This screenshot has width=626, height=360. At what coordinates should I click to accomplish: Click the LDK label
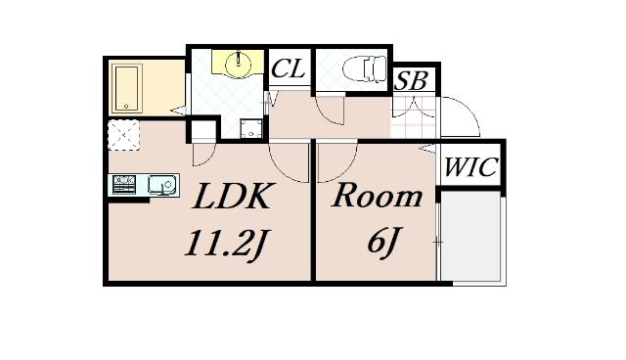(231, 198)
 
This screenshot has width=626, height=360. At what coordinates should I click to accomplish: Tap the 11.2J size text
(227, 242)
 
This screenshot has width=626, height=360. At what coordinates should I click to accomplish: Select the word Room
(377, 196)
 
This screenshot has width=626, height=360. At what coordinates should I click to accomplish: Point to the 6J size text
(380, 242)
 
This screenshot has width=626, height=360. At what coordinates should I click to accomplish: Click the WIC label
(471, 168)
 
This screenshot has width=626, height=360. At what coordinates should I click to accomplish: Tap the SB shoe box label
(412, 80)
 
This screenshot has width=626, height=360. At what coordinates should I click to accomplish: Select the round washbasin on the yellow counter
(238, 65)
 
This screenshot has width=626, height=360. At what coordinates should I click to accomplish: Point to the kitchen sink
(160, 183)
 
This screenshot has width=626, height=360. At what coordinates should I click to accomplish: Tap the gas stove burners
(124, 183)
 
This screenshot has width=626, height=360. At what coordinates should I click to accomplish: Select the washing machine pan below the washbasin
(249, 126)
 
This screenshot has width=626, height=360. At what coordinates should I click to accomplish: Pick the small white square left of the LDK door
(201, 130)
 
